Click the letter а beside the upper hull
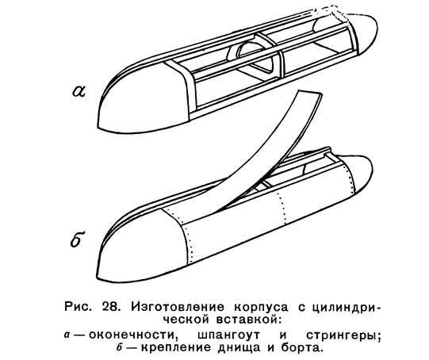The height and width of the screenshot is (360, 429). pos(79,91)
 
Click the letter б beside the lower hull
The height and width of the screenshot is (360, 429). pos(78,239)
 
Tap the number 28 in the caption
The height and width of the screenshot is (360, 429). pos(110,307)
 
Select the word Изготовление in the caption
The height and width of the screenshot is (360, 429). pos(178,307)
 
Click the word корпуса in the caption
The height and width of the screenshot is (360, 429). pos(261,308)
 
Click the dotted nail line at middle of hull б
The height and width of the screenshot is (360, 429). pos(282,205)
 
